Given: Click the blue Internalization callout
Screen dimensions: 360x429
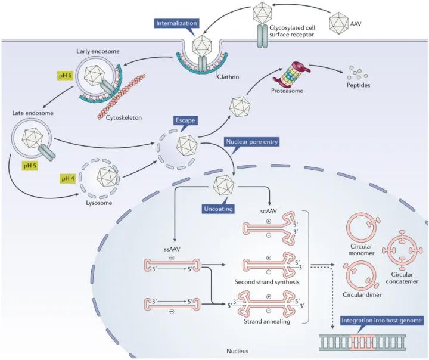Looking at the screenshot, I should pyautogui.click(x=176, y=23).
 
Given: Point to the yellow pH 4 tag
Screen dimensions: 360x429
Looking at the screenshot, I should pyautogui.click(x=69, y=178).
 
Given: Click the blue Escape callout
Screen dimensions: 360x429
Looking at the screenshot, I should pyautogui.click(x=185, y=120).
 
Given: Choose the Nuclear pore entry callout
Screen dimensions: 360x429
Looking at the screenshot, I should pyautogui.click(x=251, y=142).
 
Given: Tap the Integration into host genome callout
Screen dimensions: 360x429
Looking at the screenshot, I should pyautogui.click(x=382, y=321).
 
